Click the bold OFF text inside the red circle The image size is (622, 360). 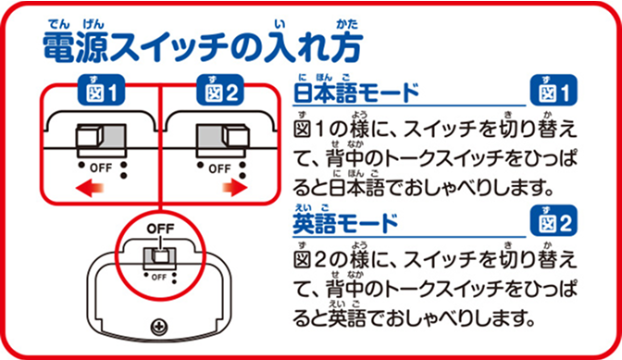pos(159,228)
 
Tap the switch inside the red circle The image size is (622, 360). pos(158,254)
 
